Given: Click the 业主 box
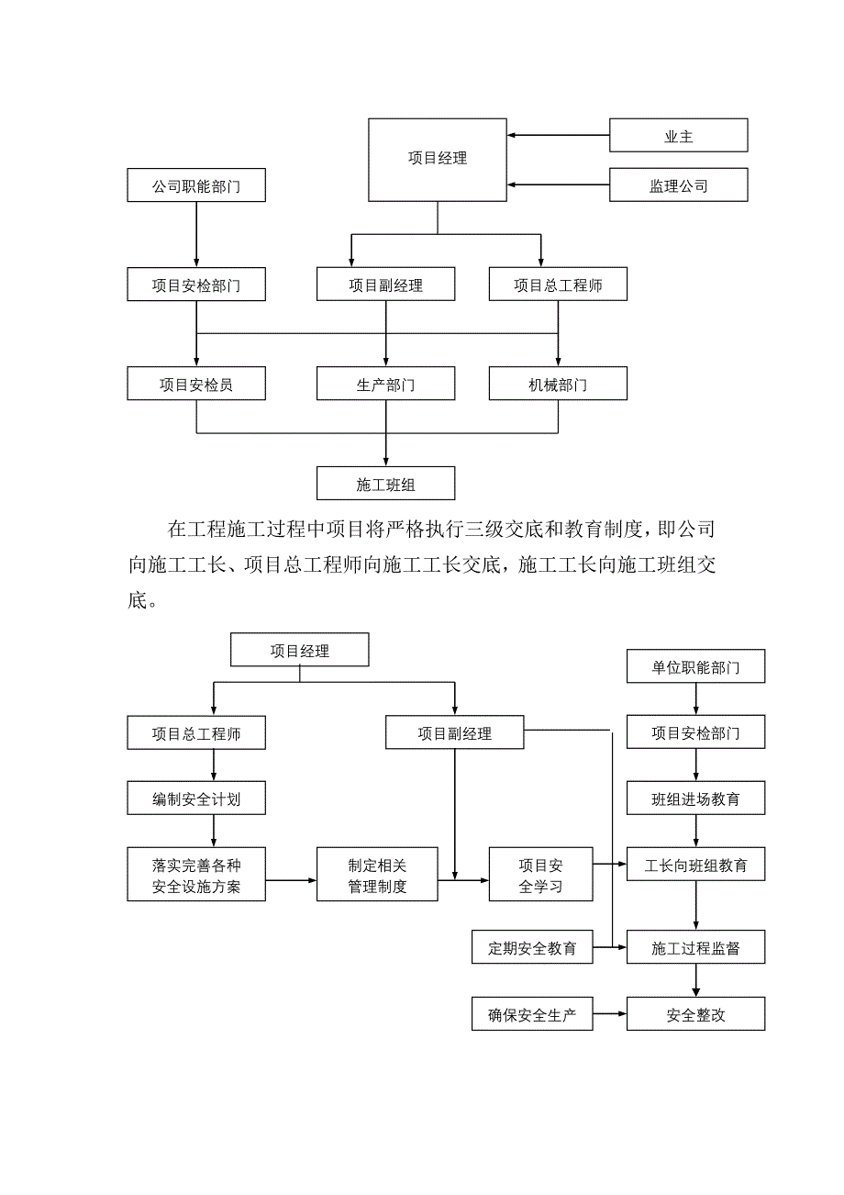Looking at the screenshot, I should [x=679, y=137].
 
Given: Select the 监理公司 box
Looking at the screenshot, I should [x=679, y=186].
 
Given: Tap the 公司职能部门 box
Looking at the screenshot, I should [x=196, y=187].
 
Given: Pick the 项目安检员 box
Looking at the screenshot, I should [x=196, y=385].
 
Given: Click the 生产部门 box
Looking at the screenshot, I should [x=385, y=385].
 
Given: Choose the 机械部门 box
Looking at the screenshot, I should [x=558, y=385].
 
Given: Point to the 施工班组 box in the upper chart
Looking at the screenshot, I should [x=385, y=484].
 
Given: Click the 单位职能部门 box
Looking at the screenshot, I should [x=695, y=667].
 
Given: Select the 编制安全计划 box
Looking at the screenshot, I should [x=196, y=799].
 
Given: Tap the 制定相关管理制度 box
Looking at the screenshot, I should [x=377, y=875].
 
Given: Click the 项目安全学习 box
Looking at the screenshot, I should [x=540, y=875].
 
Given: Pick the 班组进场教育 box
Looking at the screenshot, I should [x=695, y=799].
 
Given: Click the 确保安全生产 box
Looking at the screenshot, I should [x=532, y=1016].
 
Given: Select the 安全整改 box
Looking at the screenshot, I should [x=695, y=1016].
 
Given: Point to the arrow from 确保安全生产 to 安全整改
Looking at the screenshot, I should [x=609, y=1016].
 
